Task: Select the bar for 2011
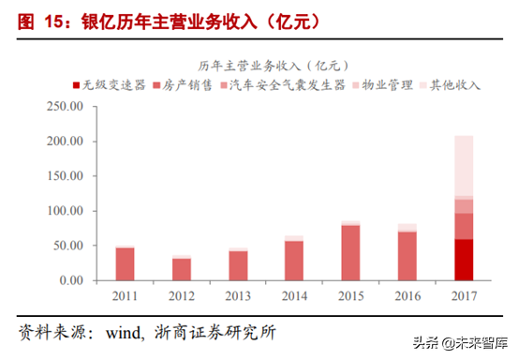[x=125, y=263]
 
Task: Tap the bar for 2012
[x=182, y=268]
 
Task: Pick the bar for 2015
[x=350, y=252]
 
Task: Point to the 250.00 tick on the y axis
[x=66, y=107]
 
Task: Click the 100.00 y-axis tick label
[x=66, y=211]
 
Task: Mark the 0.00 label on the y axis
[x=72, y=280]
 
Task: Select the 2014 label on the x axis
[x=294, y=298]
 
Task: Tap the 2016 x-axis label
[x=407, y=298]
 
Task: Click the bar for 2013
[x=238, y=264]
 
